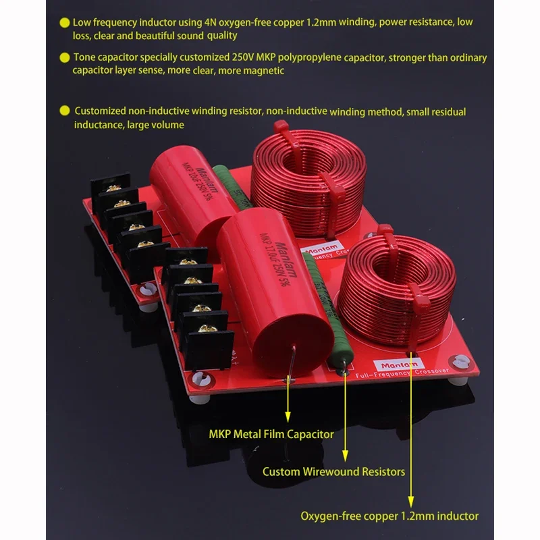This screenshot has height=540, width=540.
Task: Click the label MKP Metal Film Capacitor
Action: [x=271, y=434]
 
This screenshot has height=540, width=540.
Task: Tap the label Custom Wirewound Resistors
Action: [x=333, y=471]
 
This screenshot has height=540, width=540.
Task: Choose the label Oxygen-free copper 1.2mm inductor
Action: [x=389, y=516]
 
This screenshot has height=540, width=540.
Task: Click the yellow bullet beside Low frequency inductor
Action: [x=64, y=23]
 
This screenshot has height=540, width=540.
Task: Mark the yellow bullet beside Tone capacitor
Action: [x=64, y=58]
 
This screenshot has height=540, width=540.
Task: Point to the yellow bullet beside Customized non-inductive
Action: [x=64, y=111]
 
